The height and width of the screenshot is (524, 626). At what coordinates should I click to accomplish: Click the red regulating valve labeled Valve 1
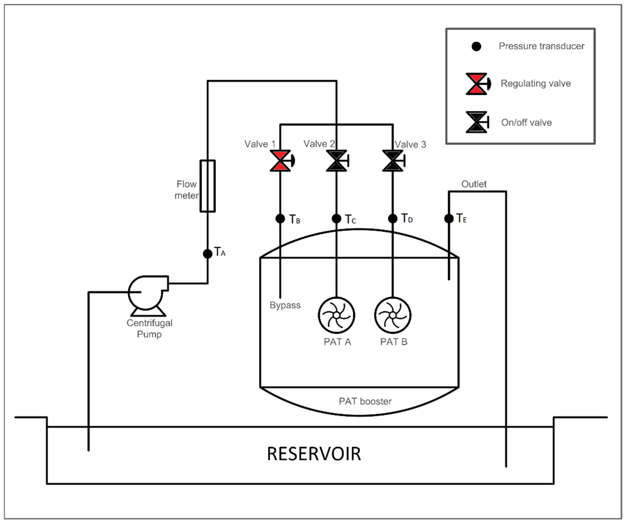[x=280, y=161]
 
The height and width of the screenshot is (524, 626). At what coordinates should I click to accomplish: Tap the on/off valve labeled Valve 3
[x=393, y=161]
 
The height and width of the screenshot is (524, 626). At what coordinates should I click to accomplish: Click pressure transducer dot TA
[x=207, y=254]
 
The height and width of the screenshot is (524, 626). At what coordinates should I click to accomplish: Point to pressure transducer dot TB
[x=280, y=219]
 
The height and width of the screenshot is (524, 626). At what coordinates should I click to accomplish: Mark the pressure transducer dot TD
[x=393, y=219]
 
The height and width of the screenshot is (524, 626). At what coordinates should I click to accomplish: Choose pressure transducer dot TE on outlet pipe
[x=449, y=219]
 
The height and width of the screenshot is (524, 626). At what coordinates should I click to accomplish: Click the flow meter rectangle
[x=207, y=186]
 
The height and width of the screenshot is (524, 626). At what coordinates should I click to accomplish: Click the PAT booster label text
[x=365, y=402]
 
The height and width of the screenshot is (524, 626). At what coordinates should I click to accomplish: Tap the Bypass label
[x=285, y=305]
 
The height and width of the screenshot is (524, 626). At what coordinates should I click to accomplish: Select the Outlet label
[x=474, y=184]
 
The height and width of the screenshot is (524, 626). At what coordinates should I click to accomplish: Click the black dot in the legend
[x=476, y=47]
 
